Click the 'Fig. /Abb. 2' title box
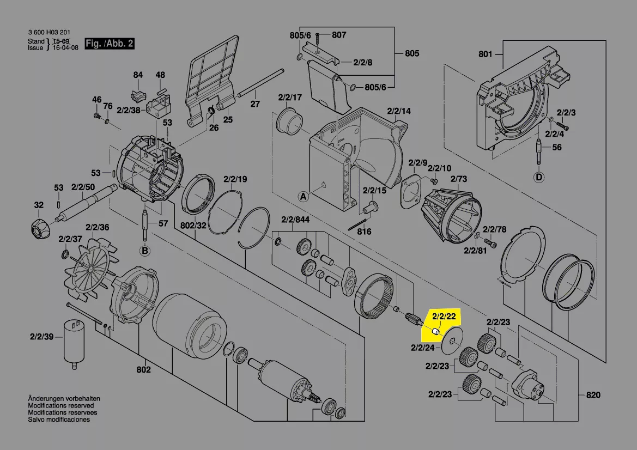pos(110,44)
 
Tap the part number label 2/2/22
pos(444,317)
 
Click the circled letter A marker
pos(303,197)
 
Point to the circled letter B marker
pos(145,251)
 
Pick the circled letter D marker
pos(539,177)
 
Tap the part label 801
pos(485,54)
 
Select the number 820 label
pos(593,395)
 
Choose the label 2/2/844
pos(295,220)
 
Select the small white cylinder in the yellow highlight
pos(435,331)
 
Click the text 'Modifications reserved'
pos(61,405)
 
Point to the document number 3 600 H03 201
pos(49,32)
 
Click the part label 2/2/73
pos(459,179)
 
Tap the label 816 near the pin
pos(364,232)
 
